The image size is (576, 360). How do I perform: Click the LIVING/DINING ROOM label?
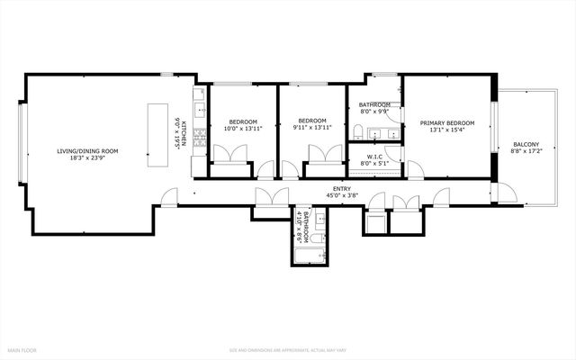pos(88,150)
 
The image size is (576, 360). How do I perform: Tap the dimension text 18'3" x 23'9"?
pos(88,158)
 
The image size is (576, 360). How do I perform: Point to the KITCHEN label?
pos(184,135)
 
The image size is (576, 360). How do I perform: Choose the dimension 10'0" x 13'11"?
pos(243,128)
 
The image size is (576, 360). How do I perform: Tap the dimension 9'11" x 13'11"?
pos(312,128)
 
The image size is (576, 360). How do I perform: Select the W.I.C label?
pos(375,157)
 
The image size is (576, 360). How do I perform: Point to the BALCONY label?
pos(526,144)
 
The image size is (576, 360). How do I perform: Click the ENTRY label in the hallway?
pos(333,187)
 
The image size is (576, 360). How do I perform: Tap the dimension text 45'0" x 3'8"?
pos(333,194)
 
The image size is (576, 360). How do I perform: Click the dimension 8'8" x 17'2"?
pos(526,152)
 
